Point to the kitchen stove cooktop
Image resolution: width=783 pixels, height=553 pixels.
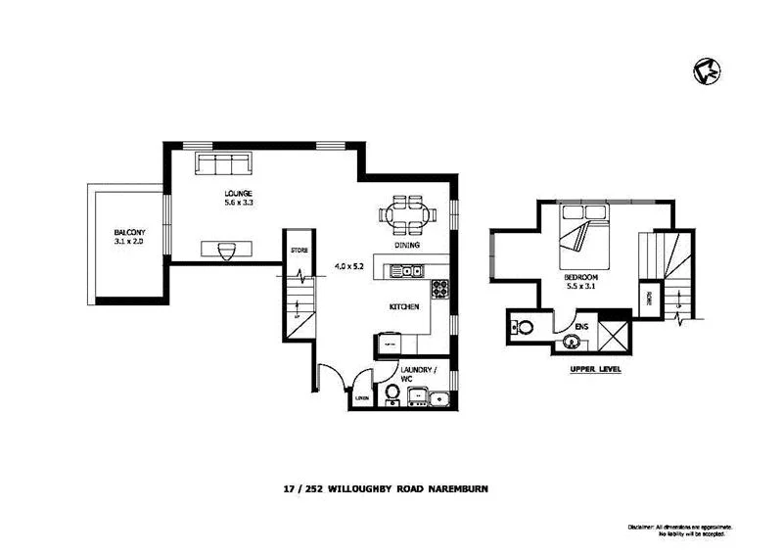440,288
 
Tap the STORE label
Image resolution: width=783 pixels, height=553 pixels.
299,252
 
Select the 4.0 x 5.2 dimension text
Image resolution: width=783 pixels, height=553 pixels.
349,266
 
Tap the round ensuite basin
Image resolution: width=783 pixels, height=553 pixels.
570,343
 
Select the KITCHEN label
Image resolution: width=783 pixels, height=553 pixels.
404,307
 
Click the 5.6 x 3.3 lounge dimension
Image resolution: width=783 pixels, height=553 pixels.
238,203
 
